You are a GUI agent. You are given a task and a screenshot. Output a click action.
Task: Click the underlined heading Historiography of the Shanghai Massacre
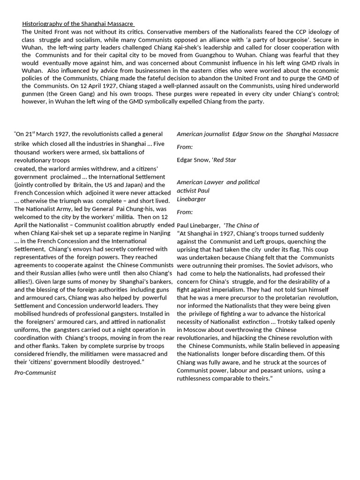click(x=78, y=24)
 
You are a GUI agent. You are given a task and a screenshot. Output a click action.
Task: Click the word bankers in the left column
click(x=159, y=281)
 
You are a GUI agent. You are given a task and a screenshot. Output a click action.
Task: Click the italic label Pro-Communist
click(x=35, y=373)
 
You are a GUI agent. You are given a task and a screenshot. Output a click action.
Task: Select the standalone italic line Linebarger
click(x=191, y=199)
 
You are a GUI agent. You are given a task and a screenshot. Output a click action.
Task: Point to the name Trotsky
click(x=289, y=322)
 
